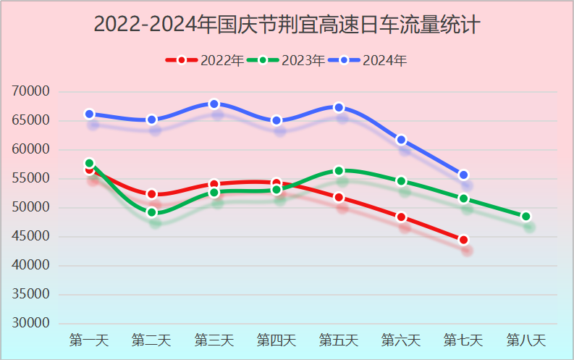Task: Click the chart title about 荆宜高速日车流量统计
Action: tap(287, 25)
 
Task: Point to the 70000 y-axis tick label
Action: tap(31, 91)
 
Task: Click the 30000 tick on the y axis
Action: tap(31, 324)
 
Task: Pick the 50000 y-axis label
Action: tap(31, 208)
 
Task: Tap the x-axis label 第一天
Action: tap(89, 340)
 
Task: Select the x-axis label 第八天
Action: tap(526, 340)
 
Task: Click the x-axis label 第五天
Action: tap(339, 340)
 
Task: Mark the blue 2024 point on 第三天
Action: tap(214, 104)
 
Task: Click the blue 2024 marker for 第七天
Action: tap(464, 175)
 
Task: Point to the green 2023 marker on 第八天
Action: tap(526, 217)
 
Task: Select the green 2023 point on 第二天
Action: tap(152, 212)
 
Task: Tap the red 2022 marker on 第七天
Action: tap(464, 240)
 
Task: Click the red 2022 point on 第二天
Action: tap(152, 194)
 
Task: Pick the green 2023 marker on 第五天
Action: tap(339, 171)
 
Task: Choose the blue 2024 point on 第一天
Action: tap(90, 114)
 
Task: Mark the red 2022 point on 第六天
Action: tap(401, 217)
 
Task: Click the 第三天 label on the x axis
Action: tap(214, 340)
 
